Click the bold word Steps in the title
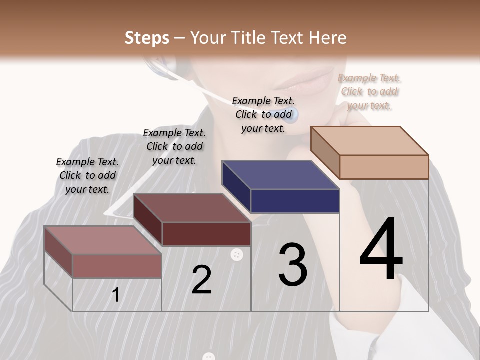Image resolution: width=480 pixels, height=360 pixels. coord(147,38)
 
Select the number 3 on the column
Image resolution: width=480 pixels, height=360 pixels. coord(293,265)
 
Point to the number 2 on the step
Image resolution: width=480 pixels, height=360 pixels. coord(201,280)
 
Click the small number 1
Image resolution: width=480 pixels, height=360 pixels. coord(116,295)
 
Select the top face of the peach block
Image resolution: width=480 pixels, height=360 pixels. coord(370,140)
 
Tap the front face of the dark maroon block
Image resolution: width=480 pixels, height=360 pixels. coord(206,234)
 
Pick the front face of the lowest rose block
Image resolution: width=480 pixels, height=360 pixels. coord(117,266)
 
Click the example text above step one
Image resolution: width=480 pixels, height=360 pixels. coord(87,175)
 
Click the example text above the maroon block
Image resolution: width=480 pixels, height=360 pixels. coord(174,146)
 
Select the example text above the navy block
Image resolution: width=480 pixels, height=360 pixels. coord(263,114)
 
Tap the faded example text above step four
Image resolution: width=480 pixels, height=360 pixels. coord(369,91)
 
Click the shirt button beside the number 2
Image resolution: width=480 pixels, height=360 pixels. coord(237,255)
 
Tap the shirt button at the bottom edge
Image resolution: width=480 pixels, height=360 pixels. coord(209,356)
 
